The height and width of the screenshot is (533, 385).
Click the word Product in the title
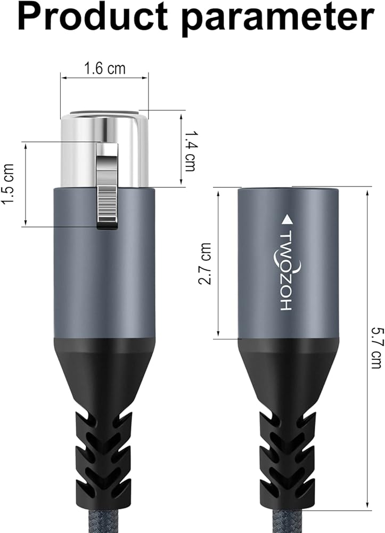(93, 18)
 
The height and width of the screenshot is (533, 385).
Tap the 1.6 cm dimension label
(104, 69)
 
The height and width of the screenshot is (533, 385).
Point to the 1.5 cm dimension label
(8, 184)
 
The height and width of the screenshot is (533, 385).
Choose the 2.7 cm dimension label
(204, 263)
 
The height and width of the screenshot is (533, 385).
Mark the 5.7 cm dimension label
(376, 348)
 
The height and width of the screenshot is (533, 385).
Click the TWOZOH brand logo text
(286, 271)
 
